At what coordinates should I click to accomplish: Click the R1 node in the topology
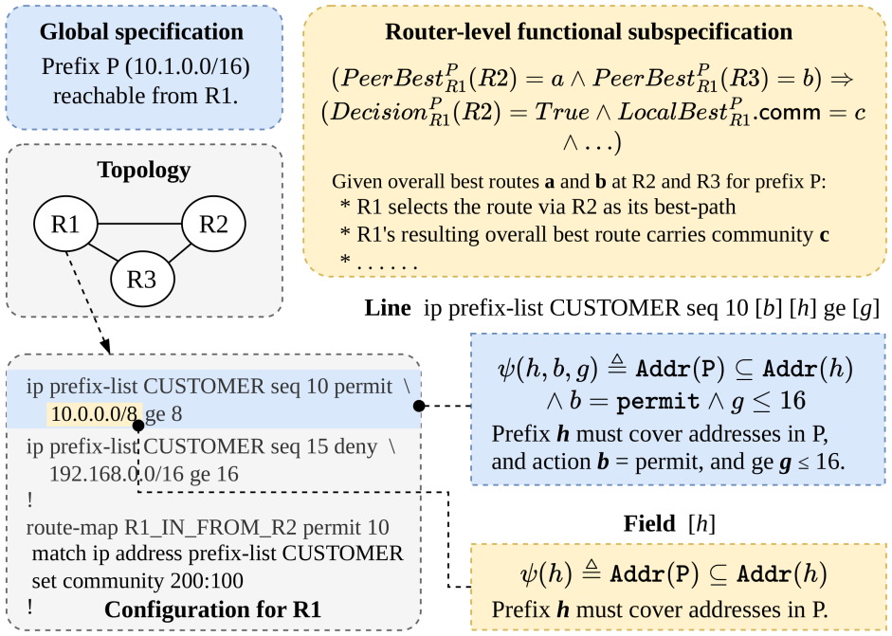coord(65,224)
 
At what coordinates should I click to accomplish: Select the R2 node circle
coord(213,224)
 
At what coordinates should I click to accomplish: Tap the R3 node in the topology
coord(141,280)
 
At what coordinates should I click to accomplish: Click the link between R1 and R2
coord(140,224)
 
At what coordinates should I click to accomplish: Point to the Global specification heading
coord(141,31)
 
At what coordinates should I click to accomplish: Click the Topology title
coord(144,170)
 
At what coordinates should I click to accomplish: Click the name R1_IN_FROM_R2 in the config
coord(210,528)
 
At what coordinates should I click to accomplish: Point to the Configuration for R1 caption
coord(212,609)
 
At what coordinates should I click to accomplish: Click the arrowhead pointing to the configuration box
coord(105,347)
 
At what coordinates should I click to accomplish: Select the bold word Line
coord(388,308)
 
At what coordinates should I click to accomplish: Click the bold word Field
coord(649,523)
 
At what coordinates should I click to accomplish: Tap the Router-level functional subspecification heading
coord(589,31)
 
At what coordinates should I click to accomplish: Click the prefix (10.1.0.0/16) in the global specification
coord(187,66)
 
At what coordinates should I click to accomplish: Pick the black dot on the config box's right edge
coord(419,406)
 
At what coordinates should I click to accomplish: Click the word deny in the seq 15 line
coord(355,447)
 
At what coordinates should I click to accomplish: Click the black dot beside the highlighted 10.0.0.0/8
coord(138,425)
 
